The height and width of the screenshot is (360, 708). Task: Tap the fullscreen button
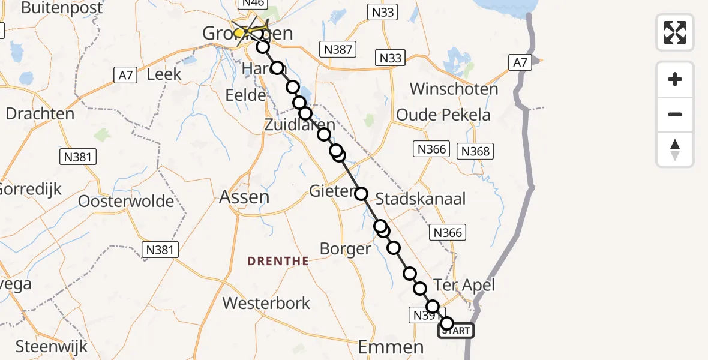tap(675, 32)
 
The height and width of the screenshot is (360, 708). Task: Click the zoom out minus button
tap(675, 114)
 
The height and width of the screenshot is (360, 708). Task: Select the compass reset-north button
tap(675, 149)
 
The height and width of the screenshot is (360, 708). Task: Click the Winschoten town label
tap(454, 89)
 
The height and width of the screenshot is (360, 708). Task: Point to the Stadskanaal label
tap(421, 199)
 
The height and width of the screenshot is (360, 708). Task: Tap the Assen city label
tap(244, 197)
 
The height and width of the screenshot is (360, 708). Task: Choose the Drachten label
tap(40, 113)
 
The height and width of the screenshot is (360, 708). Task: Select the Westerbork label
tap(266, 303)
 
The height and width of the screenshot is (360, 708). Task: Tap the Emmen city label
tap(390, 346)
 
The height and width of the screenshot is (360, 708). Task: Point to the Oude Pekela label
tap(443, 115)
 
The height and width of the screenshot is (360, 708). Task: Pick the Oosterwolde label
tap(126, 201)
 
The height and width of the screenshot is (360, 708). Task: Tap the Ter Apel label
tap(464, 285)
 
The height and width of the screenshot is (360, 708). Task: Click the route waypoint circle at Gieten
tap(361, 193)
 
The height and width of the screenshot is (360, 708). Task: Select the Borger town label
tap(345, 248)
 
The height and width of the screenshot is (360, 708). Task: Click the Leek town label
tap(164, 74)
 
